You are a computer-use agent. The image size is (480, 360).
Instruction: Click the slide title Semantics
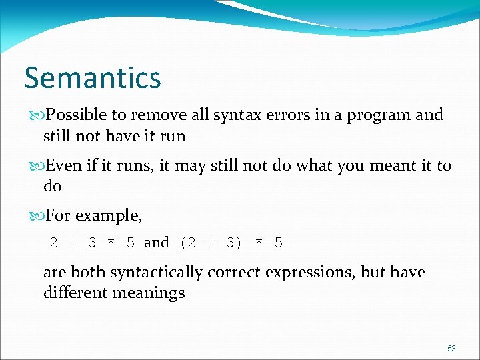pyautogui.click(x=93, y=77)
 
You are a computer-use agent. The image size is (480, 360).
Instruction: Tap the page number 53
pyautogui.click(x=451, y=349)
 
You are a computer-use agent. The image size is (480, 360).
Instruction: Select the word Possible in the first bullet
pyautogui.click(x=71, y=115)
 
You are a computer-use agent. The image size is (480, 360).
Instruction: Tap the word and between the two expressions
pyautogui.click(x=157, y=243)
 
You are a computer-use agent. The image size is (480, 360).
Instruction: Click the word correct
pyautogui.click(x=233, y=273)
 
